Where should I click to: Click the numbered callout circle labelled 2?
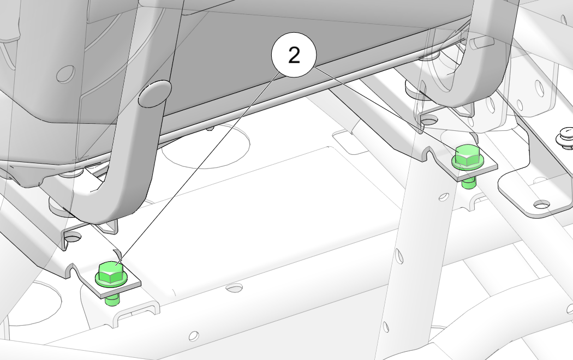[294, 55]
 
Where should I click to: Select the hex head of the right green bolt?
[468, 157]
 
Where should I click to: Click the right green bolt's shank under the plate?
[469, 183]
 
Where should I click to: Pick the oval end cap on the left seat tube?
[155, 94]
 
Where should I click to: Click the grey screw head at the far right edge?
[565, 138]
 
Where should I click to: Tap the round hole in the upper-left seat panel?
[65, 74]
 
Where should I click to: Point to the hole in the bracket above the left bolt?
[74, 238]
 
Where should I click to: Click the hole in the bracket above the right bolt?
[429, 119]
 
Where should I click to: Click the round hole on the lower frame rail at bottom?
[194, 335]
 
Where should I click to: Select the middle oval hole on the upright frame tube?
[399, 255]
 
